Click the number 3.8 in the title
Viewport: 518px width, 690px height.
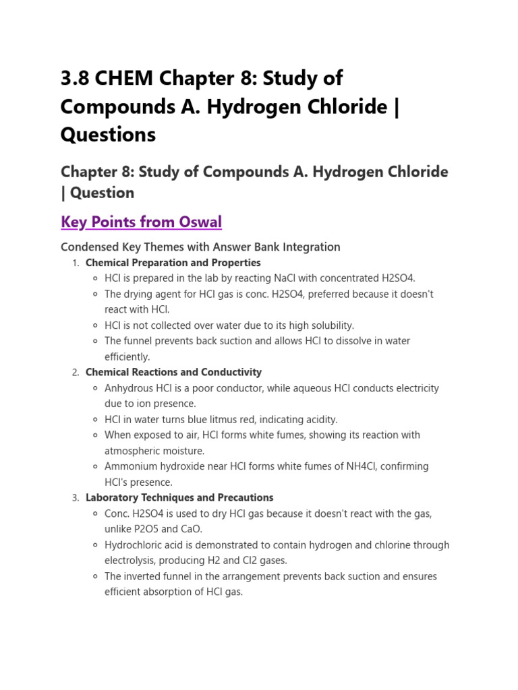pyautogui.click(x=75, y=79)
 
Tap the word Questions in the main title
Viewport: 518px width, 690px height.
pyautogui.click(x=108, y=135)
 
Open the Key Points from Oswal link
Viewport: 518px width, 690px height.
pyautogui.click(x=141, y=222)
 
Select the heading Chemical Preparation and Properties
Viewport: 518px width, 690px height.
pyautogui.click(x=173, y=263)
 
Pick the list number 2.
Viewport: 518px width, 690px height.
pyautogui.click(x=75, y=373)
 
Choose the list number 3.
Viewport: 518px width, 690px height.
pyautogui.click(x=75, y=498)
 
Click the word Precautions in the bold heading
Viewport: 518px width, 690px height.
pyautogui.click(x=246, y=498)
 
